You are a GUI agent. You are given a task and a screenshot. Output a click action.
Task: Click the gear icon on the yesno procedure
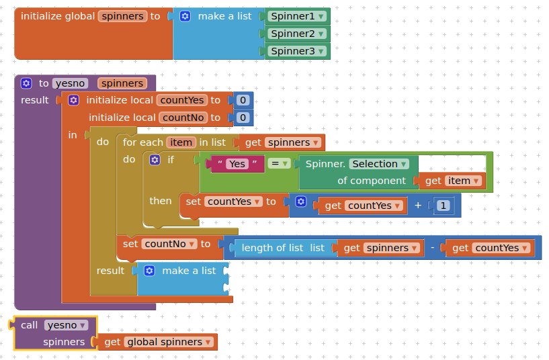point(26,83)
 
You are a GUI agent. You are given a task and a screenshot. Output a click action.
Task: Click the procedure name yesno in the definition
point(70,83)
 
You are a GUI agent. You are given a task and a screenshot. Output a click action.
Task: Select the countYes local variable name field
point(181,100)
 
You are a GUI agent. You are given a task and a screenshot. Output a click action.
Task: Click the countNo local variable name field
point(182,118)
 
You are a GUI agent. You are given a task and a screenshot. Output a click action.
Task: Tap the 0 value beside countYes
point(243,100)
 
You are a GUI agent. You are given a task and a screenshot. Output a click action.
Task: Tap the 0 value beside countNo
point(243,118)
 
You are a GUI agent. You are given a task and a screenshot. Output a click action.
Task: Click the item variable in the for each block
point(181,142)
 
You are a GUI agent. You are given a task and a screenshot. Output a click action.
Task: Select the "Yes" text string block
point(237,164)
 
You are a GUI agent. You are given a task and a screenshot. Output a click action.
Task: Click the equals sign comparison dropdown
point(279,163)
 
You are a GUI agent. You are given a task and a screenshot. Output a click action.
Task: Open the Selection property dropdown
point(380,164)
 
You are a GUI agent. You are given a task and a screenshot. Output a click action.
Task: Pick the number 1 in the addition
point(444,206)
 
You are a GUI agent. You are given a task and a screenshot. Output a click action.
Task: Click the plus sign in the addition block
point(418,206)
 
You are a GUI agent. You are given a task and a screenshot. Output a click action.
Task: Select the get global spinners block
point(158,342)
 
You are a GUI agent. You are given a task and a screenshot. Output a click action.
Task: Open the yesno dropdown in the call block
point(66,325)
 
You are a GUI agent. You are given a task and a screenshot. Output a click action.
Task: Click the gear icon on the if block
point(155,160)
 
